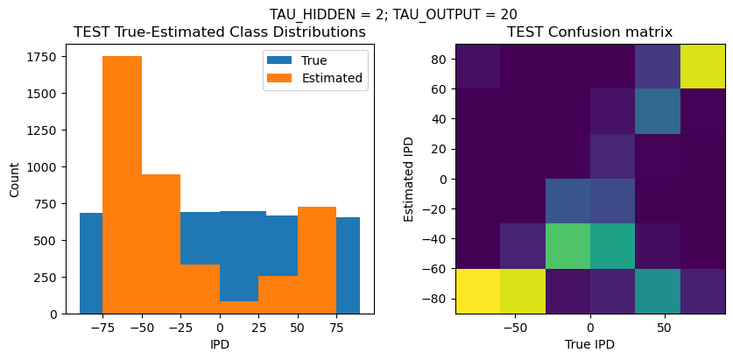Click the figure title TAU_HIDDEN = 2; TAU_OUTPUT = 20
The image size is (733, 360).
[x=392, y=14]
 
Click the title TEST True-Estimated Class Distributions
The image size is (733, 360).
[x=219, y=32]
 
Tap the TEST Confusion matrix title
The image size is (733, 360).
[x=590, y=32]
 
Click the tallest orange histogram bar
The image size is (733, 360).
[x=122, y=184]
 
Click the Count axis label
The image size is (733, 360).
[x=16, y=179]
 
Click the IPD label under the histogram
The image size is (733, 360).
[x=219, y=344]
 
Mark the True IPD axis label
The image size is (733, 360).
[x=590, y=344]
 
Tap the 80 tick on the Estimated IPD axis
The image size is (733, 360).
[x=437, y=59]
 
